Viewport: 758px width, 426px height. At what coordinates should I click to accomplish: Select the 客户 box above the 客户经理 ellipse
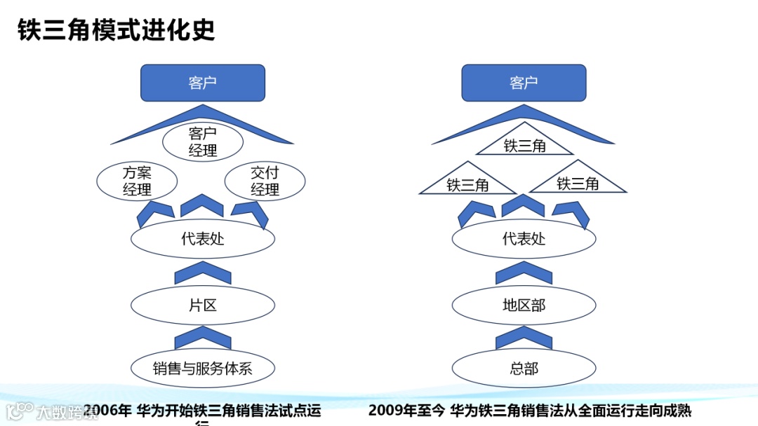coord(203,83)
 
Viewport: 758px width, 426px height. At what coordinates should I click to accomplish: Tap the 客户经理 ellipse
coord(203,142)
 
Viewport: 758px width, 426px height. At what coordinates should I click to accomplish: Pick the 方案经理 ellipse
coord(137,181)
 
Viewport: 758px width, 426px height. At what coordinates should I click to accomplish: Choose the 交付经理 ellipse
coord(265,181)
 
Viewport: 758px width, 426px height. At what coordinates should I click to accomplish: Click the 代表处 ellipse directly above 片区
coord(203,239)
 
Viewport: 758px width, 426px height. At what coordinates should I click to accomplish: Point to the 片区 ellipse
coord(203,305)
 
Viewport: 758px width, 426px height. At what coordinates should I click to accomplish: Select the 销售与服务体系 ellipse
coord(203,368)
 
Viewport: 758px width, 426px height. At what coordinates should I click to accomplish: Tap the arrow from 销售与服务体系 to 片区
coord(203,338)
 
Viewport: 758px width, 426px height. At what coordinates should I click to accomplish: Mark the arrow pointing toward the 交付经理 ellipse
coord(251,212)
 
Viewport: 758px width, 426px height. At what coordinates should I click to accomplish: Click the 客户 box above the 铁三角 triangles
coord(524,83)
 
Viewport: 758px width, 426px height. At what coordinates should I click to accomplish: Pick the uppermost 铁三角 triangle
coord(525,145)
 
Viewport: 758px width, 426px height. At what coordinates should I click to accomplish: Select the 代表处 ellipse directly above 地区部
coord(524,239)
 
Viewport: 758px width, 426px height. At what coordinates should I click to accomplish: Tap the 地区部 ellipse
coord(524,305)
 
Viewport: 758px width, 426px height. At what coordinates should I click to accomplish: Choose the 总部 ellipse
coord(524,368)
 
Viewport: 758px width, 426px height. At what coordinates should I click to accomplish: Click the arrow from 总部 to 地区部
coord(524,338)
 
